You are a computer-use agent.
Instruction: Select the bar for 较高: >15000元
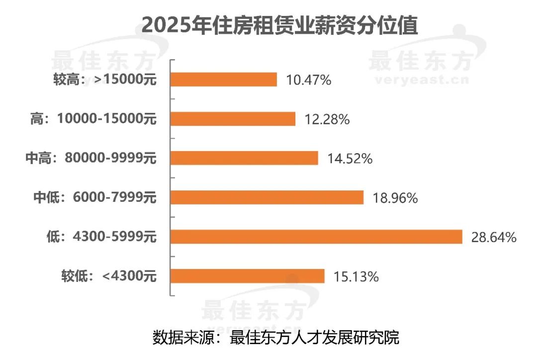point(224,80)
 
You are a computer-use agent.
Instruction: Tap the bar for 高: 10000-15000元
point(233,119)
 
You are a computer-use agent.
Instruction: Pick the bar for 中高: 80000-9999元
point(244,158)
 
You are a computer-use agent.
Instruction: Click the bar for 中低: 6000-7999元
point(267,198)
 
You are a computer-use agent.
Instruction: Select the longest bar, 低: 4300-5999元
point(317,237)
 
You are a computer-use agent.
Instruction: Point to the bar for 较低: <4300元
point(248,276)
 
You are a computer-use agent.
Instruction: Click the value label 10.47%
point(308,80)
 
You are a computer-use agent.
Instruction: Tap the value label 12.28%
point(327,119)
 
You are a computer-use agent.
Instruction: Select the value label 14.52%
point(350,159)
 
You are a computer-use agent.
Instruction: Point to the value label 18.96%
point(395,198)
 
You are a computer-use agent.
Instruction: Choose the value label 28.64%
point(494,237)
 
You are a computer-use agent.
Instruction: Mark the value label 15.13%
point(356,276)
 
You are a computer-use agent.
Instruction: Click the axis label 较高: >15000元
point(105,80)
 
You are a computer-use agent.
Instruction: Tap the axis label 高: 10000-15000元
point(93,119)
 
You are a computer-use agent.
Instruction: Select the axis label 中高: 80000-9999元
point(90,158)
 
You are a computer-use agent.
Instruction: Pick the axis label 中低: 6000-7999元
point(94,198)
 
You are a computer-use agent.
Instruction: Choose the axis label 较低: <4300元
point(109,276)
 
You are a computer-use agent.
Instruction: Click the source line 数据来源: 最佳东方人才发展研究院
point(276,338)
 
